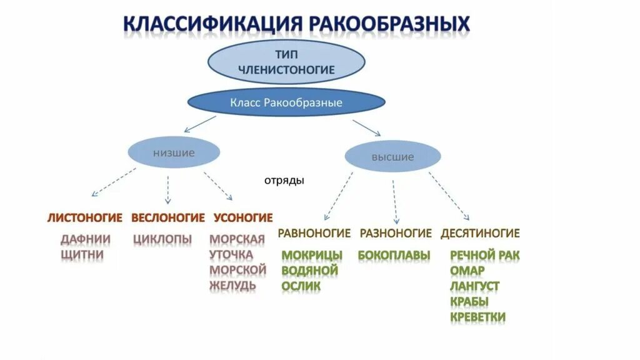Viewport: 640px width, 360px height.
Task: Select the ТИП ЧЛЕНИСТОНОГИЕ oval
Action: (x=286, y=62)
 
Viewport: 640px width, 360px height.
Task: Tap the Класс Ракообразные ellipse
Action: (x=286, y=102)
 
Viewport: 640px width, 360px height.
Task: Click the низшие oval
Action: (x=174, y=152)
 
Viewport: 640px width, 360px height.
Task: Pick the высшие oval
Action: (x=392, y=157)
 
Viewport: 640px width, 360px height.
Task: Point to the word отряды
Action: (x=284, y=181)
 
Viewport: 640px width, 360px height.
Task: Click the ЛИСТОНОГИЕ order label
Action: (x=84, y=217)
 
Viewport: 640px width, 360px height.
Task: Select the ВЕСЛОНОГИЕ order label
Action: (x=168, y=217)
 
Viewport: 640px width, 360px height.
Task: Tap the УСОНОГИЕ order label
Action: (x=243, y=217)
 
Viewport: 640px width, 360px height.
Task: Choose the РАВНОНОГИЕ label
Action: (x=314, y=233)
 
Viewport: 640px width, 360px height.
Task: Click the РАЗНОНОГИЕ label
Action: (x=396, y=233)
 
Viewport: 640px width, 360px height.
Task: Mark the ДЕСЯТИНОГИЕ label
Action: (x=480, y=233)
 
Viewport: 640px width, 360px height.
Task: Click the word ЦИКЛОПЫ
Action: (x=162, y=239)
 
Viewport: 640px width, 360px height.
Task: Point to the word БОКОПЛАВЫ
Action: (x=394, y=255)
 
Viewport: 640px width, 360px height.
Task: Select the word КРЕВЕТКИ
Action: (x=477, y=317)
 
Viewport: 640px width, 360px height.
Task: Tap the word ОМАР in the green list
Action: (x=467, y=271)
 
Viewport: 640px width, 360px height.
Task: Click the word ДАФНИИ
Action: (x=86, y=239)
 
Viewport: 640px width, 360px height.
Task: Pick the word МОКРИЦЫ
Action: (x=312, y=255)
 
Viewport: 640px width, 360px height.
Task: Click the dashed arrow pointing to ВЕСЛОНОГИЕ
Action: (x=167, y=189)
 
